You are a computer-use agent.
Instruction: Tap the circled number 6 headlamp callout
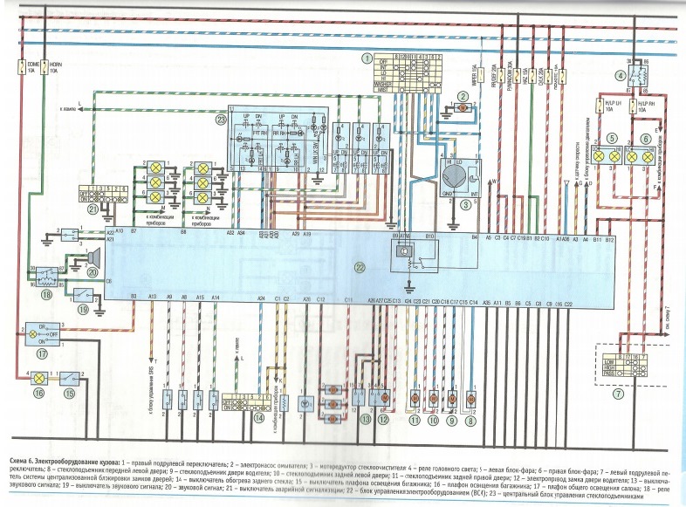tap(646, 138)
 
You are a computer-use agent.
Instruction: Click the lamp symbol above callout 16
tap(38, 378)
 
